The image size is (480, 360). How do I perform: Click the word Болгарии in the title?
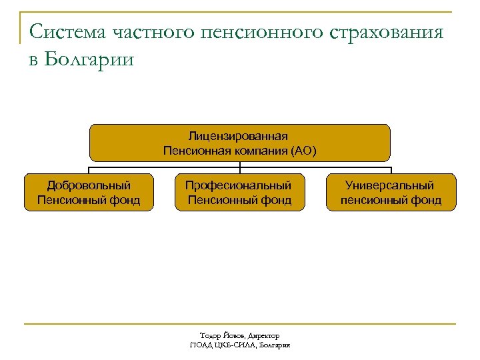pyautogui.click(x=90, y=59)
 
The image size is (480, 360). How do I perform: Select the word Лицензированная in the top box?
pyautogui.click(x=239, y=137)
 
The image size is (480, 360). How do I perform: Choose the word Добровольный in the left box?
pyautogui.click(x=89, y=185)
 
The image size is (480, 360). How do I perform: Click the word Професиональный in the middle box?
pyautogui.click(x=239, y=185)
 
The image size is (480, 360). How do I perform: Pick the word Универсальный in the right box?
pyautogui.click(x=390, y=185)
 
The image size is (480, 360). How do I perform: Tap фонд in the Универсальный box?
pyautogui.click(x=426, y=200)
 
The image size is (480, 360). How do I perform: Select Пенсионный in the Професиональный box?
pyautogui.click(x=219, y=200)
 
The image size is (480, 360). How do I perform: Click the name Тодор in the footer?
pyautogui.click(x=209, y=336)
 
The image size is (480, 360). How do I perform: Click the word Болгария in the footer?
pyautogui.click(x=274, y=345)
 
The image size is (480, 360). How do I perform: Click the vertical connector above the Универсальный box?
pyautogui.click(x=391, y=170)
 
